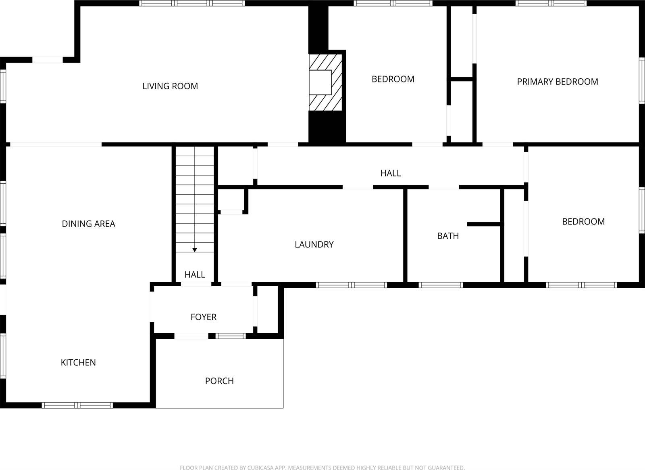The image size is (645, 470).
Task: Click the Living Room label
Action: click(x=170, y=86)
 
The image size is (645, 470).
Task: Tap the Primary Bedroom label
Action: click(x=557, y=82)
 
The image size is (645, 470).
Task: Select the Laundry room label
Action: click(x=314, y=244)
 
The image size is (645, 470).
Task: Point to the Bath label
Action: click(x=448, y=236)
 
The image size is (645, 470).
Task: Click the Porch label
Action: click(x=219, y=381)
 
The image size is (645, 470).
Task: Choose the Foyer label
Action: click(x=204, y=317)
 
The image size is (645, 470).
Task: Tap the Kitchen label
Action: click(x=78, y=363)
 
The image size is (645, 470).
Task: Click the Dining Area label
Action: click(x=88, y=224)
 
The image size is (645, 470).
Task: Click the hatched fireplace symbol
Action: click(x=325, y=82)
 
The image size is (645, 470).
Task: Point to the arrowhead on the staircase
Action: click(x=195, y=250)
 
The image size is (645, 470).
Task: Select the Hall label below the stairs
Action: click(x=195, y=275)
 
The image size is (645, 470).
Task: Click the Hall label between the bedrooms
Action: click(x=390, y=173)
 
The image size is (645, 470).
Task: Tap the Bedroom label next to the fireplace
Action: click(x=393, y=79)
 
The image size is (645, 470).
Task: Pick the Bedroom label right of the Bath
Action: click(x=583, y=221)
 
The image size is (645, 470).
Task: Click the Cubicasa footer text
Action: click(x=322, y=468)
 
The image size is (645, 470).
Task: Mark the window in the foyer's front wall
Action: click(x=231, y=336)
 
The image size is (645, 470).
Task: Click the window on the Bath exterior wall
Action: click(x=441, y=285)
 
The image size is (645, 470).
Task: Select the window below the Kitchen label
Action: click(x=77, y=405)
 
